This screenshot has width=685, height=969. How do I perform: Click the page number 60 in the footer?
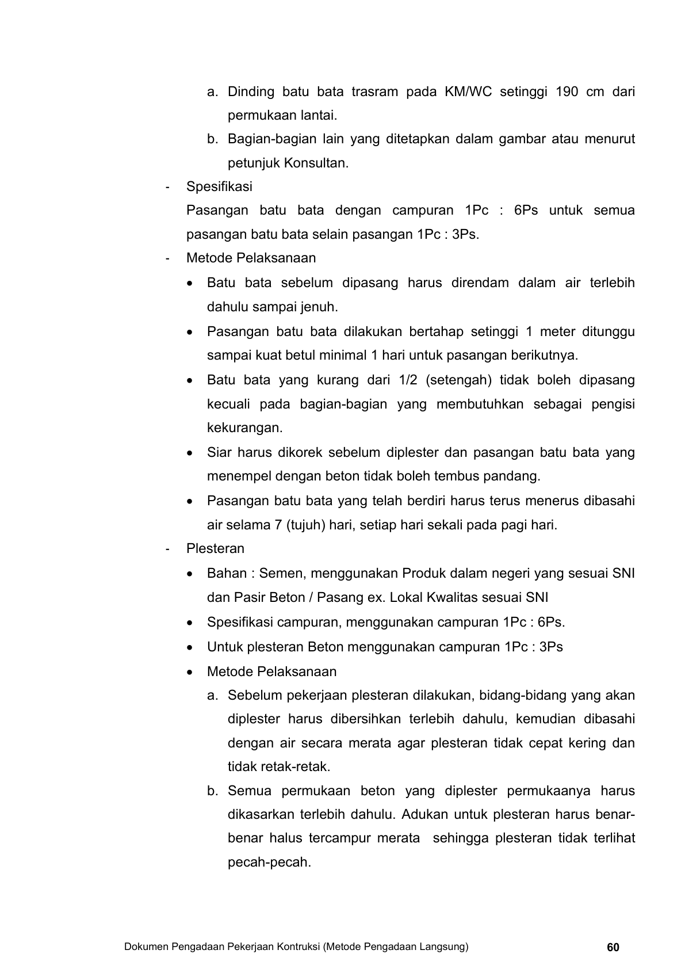(x=613, y=947)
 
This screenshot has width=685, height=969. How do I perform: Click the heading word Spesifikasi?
(x=219, y=186)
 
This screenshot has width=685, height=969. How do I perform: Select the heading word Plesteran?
(x=215, y=548)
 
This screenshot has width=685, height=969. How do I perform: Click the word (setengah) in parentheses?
(x=458, y=380)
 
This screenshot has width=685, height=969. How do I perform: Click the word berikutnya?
(x=544, y=355)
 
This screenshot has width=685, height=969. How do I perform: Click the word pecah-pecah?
(x=269, y=863)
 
